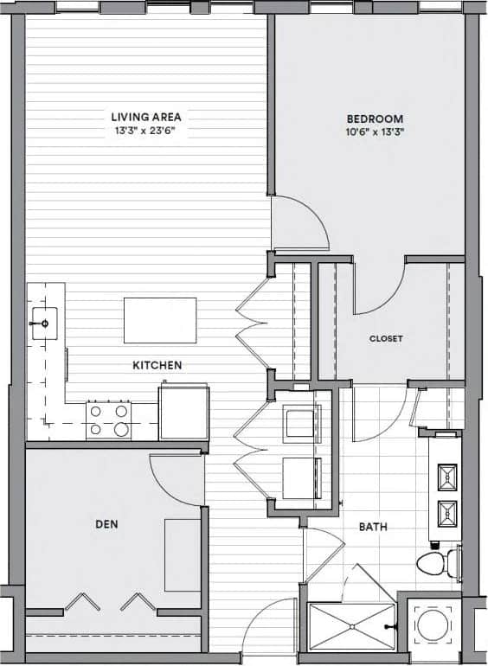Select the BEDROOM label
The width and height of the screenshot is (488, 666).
[x=375, y=118]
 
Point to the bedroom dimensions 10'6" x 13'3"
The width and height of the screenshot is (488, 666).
[x=375, y=132]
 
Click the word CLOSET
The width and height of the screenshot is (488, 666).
[x=385, y=339]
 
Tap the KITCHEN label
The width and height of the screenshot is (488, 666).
[x=157, y=365]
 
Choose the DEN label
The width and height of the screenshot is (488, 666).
[x=106, y=523]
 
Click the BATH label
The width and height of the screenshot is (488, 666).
[x=373, y=525]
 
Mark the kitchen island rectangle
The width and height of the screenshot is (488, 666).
[x=159, y=320]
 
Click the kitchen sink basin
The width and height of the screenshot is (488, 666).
[x=42, y=323]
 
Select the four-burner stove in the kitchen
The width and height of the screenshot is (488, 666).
[x=108, y=420]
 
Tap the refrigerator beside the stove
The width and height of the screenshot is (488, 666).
[x=183, y=413]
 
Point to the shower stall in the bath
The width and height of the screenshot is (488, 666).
[x=351, y=626]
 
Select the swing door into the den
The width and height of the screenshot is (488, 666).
[x=177, y=480]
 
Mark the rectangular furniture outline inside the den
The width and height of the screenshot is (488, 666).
[x=182, y=554]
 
